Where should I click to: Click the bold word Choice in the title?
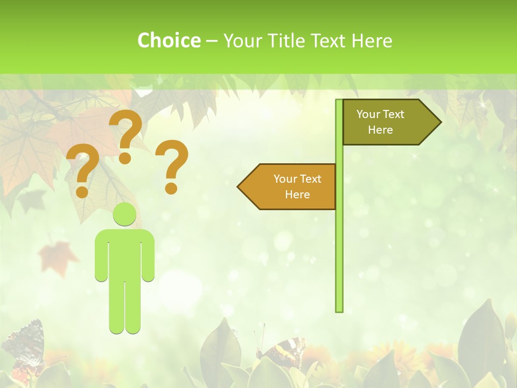(169, 40)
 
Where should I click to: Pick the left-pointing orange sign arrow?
(288, 186)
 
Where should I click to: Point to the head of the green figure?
(124, 214)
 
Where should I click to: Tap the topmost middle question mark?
(126, 135)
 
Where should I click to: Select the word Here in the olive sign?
(380, 130)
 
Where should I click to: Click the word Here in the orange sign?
(297, 195)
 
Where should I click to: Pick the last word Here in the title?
(372, 40)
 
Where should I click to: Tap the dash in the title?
(212, 41)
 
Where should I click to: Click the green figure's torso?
(125, 253)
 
